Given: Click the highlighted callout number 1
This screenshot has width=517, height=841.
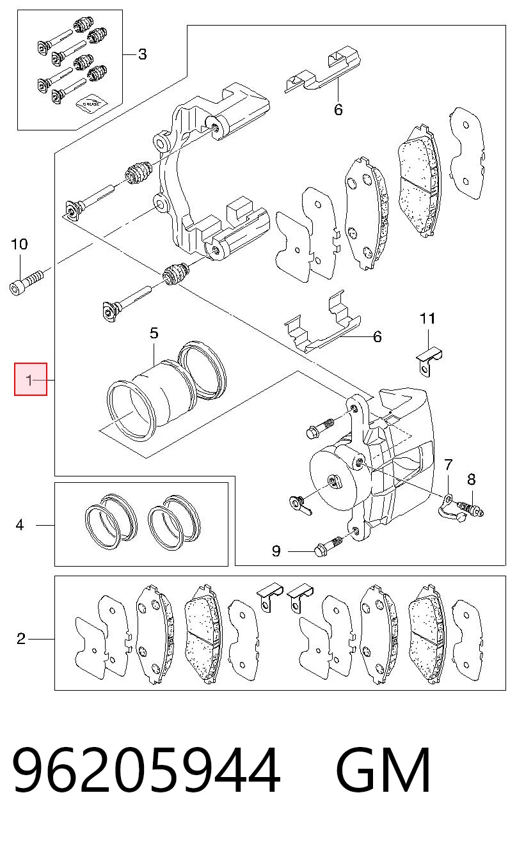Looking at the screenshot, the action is tap(29, 380).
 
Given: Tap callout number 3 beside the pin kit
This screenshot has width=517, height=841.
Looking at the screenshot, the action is tap(143, 54).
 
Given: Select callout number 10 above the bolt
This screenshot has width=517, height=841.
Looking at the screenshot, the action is tap(19, 244).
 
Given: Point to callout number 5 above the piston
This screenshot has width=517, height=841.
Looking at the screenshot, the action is tap(154, 333).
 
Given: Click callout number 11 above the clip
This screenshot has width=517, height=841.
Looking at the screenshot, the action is tap(427, 318).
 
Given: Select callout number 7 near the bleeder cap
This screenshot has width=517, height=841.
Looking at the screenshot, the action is tap(449, 465).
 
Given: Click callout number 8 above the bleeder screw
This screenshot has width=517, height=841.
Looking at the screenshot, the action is tap(472, 479).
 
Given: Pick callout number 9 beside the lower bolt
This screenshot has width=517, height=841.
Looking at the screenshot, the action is tap(276, 551).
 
